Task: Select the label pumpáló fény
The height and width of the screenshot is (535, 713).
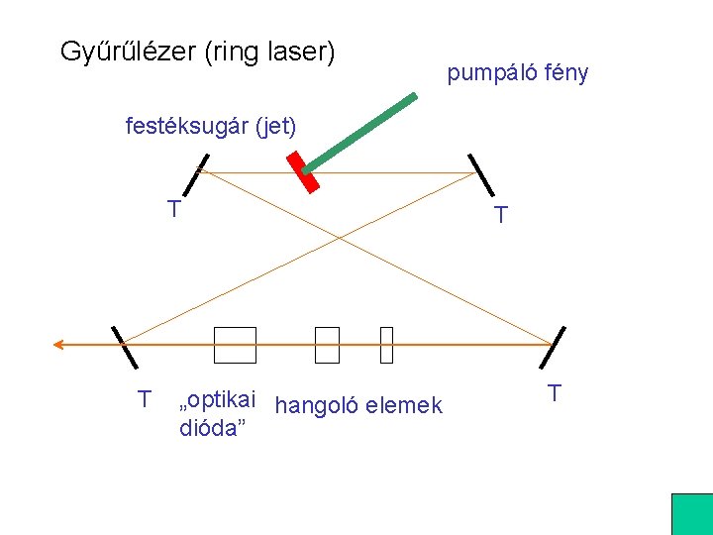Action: pyautogui.click(x=517, y=72)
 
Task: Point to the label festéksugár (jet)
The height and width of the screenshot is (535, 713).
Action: pyautogui.click(x=210, y=126)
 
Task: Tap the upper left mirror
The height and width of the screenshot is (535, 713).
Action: pyautogui.click(x=198, y=175)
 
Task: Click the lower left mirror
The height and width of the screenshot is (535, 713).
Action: pyautogui.click(x=123, y=347)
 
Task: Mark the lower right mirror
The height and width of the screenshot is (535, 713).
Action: pyautogui.click(x=556, y=347)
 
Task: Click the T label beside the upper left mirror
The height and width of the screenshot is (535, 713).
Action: pyautogui.click(x=173, y=209)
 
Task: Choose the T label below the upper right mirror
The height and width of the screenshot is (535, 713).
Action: pyautogui.click(x=501, y=215)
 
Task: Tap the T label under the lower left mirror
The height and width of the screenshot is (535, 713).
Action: pyautogui.click(x=145, y=399)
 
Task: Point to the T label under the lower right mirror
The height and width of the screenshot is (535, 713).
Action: pyautogui.click(x=555, y=393)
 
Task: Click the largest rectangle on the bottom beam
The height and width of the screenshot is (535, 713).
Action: pyautogui.click(x=234, y=345)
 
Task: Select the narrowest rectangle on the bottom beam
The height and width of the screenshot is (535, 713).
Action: pyautogui.click(x=386, y=345)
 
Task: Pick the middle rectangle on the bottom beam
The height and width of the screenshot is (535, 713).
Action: pyautogui.click(x=327, y=345)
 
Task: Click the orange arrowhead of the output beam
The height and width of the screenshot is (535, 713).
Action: pyautogui.click(x=59, y=345)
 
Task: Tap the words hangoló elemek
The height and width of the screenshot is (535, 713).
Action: pyautogui.click(x=358, y=404)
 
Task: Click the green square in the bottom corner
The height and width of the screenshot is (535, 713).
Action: pyautogui.click(x=691, y=514)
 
